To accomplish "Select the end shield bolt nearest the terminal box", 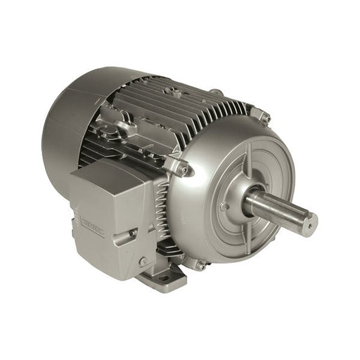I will click(x=182, y=169).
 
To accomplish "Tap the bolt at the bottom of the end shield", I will click(x=201, y=265).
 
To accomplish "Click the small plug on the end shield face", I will click(x=224, y=207).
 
